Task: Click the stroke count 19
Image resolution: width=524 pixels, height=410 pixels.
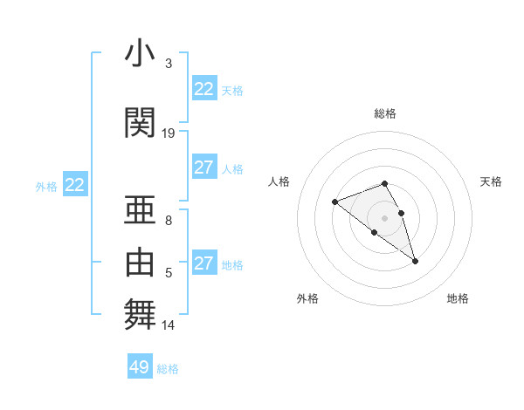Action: pyautogui.click(x=169, y=133)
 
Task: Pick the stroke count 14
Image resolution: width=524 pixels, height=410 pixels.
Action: pyautogui.click(x=169, y=325)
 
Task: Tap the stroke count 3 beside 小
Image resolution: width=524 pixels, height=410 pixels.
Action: pyautogui.click(x=169, y=64)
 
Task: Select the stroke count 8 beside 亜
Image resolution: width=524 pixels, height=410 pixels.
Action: pyautogui.click(x=169, y=221)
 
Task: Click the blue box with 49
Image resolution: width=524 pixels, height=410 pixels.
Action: pyautogui.click(x=140, y=367)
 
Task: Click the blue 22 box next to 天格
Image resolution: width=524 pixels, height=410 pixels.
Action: pyautogui.click(x=203, y=89)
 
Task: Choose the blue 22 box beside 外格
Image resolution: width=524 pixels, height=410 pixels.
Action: pyautogui.click(x=74, y=185)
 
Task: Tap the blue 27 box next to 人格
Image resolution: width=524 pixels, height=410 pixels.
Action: pyautogui.click(x=203, y=167)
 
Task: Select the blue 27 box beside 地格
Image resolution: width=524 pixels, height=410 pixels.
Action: pyautogui.click(x=203, y=263)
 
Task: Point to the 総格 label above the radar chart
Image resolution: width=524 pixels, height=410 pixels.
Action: pyautogui.click(x=385, y=113)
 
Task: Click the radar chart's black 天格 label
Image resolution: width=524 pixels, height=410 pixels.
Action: pyautogui.click(x=491, y=181)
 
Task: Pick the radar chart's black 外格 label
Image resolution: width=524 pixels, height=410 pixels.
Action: pyautogui.click(x=307, y=298)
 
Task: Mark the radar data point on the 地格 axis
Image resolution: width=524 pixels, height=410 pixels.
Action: pyautogui.click(x=415, y=261)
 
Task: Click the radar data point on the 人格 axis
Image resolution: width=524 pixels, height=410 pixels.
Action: pyautogui.click(x=334, y=202)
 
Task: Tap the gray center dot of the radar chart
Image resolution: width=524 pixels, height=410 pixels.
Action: pyautogui.click(x=385, y=217)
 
